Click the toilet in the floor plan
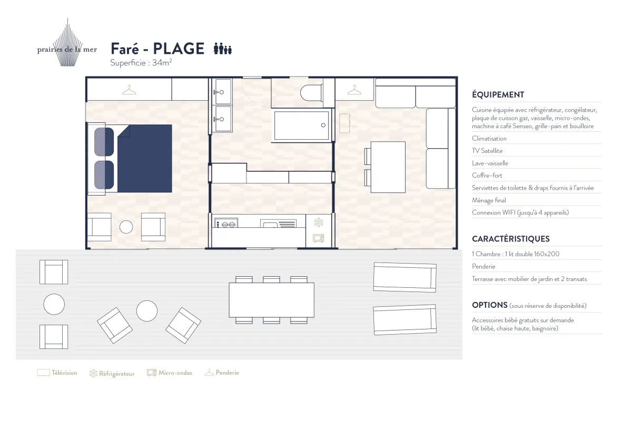click(x=311, y=93)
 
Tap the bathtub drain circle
click(x=323, y=125)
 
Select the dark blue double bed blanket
click(x=144, y=159)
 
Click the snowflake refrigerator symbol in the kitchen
click(x=319, y=222)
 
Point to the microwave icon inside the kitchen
click(x=319, y=238)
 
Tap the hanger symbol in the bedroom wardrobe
click(x=129, y=90)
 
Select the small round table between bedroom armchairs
click(x=126, y=227)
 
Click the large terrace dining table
click(x=271, y=300)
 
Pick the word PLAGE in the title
click(x=179, y=48)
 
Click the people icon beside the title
click(x=223, y=48)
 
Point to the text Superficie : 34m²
click(x=141, y=62)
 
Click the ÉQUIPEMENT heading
click(x=498, y=94)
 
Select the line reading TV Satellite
click(x=487, y=151)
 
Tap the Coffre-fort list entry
click(x=487, y=176)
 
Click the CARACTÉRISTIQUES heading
click(x=511, y=239)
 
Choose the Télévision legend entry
click(x=57, y=373)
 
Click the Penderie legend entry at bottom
click(x=222, y=373)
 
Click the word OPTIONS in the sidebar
click(x=489, y=305)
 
